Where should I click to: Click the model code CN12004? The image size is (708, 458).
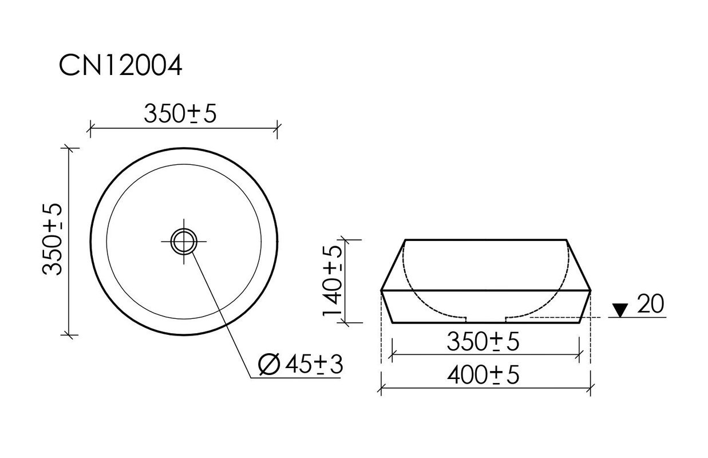(x=120, y=65)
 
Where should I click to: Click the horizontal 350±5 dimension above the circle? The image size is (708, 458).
(x=180, y=113)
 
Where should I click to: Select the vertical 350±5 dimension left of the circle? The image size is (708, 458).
(x=53, y=239)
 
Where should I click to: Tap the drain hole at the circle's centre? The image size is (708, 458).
(x=184, y=242)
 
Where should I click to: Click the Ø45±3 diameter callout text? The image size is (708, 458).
(x=300, y=365)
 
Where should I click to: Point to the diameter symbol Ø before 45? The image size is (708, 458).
(x=269, y=365)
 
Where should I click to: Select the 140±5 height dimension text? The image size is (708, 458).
(x=332, y=281)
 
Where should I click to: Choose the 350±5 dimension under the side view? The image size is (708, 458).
(x=483, y=342)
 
